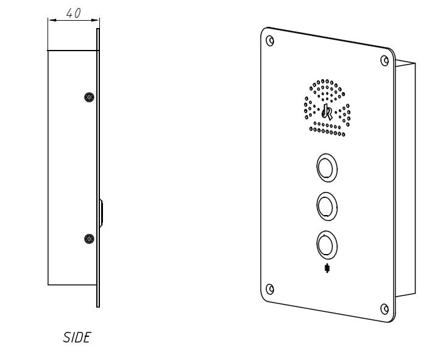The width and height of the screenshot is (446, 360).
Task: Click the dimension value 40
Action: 73,13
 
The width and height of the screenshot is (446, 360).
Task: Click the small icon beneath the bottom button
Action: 328,268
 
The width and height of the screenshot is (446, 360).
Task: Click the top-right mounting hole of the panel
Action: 384,60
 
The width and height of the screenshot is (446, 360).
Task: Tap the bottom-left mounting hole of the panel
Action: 270,288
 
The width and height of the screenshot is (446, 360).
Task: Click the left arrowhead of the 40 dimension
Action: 51,21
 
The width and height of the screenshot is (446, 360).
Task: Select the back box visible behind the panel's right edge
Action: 405,177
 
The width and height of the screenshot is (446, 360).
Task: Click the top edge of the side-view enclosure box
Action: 72,50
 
